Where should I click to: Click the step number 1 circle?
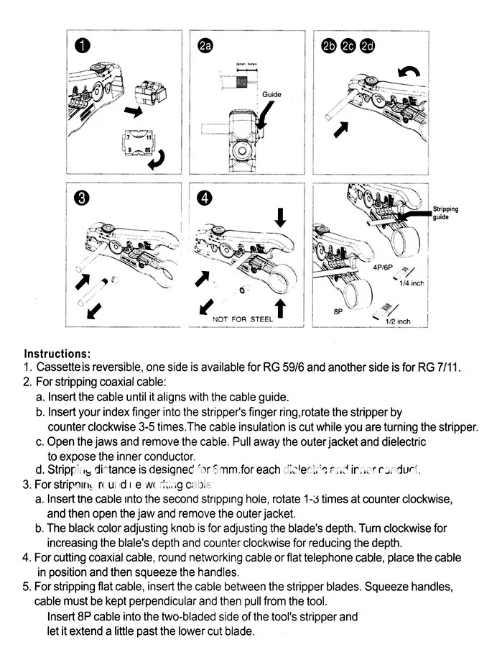pos(83,47)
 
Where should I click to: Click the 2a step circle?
pos(206,47)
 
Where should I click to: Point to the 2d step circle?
pos(368,47)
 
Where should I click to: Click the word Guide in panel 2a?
pos(271,94)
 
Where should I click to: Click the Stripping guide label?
pos(445,213)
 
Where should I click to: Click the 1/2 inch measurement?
pos(398,321)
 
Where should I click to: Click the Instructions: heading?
pos(57,354)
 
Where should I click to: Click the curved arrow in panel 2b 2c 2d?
pos(411,70)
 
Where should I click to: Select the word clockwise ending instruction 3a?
pos(424,499)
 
